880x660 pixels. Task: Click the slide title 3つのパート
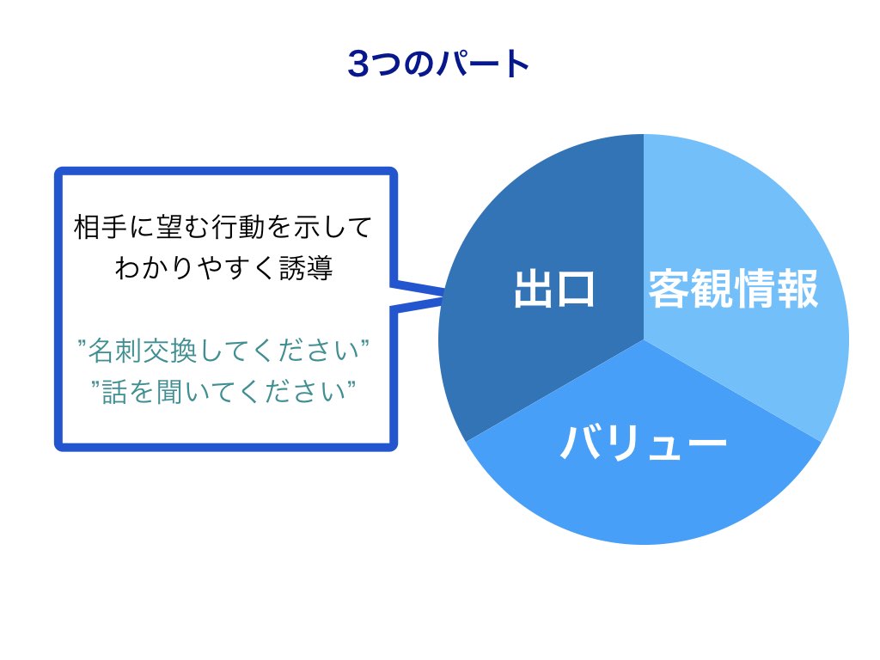438,64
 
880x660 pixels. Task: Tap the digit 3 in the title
358,64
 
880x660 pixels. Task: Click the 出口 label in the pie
554,289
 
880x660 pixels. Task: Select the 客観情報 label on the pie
733,289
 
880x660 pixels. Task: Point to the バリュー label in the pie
644,443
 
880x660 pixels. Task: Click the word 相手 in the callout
101,227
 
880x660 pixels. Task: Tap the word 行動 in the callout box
238,227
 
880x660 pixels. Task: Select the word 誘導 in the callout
306,268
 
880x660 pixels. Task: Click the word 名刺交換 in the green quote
143,351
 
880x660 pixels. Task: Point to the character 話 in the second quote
114,392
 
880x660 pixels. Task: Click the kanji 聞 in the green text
169,392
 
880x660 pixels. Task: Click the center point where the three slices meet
644,339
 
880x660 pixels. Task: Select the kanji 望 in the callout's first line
169,227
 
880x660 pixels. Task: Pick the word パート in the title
483,64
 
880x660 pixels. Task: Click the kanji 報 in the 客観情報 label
797,289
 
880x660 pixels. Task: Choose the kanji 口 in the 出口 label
575,290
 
